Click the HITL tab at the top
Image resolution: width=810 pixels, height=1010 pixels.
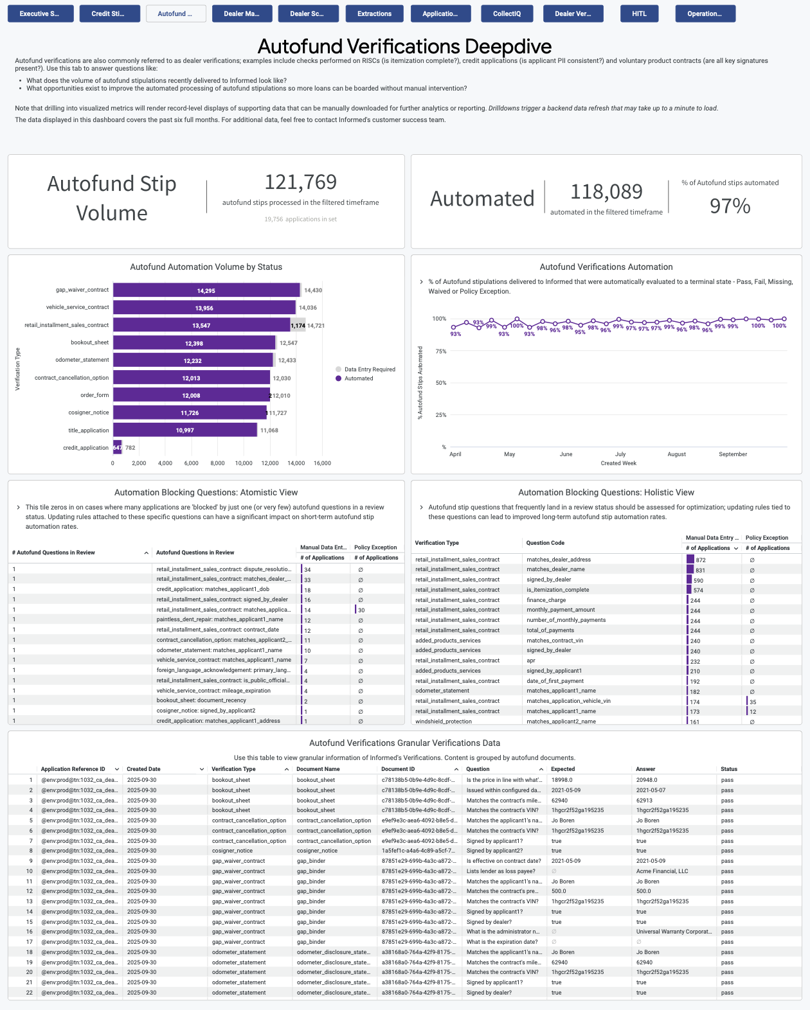coord(639,13)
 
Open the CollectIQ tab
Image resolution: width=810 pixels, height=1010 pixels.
coord(507,13)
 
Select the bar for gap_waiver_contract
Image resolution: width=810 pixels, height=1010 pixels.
coord(206,290)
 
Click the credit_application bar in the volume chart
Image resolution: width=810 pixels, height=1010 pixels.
coord(118,448)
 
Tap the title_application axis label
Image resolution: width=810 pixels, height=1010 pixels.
coord(89,430)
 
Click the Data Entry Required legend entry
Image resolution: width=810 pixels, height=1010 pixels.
coord(370,369)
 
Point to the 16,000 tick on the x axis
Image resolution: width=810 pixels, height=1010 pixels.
coord(322,463)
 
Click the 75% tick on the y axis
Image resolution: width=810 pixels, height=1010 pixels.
coord(441,351)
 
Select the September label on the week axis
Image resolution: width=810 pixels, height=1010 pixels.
coord(733,454)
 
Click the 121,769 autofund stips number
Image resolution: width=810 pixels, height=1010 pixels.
coord(300,182)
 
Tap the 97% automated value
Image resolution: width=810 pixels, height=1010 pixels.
coord(730,206)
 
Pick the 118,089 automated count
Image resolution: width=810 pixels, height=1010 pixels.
coord(606,191)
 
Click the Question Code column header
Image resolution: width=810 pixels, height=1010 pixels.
coord(545,543)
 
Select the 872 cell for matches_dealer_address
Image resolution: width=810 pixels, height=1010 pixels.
coord(701,560)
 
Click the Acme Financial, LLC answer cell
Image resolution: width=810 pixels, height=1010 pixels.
coord(662,871)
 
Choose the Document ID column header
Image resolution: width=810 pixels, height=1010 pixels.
coord(398,769)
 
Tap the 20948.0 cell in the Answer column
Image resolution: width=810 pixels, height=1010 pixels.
coord(647,780)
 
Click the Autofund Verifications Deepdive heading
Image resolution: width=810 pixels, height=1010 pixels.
coord(404,46)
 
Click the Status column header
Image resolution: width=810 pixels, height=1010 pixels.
coord(729,769)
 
